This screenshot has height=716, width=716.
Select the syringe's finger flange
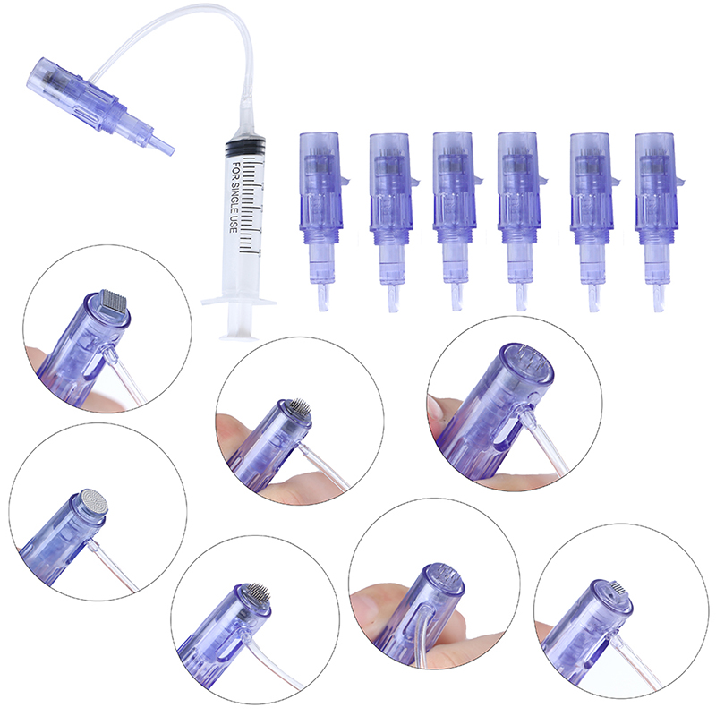(x=239, y=301)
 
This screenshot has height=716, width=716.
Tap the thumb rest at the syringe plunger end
(x=239, y=337)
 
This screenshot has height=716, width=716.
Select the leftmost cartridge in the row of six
(x=322, y=219)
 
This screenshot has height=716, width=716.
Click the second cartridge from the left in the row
(x=392, y=220)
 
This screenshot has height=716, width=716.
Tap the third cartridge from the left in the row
(x=456, y=219)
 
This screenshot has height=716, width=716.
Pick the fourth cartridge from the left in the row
(x=521, y=219)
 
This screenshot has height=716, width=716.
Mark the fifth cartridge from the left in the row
(x=592, y=220)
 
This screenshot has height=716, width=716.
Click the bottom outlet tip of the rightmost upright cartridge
(x=658, y=300)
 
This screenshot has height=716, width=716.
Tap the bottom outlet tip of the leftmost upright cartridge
(x=323, y=298)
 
